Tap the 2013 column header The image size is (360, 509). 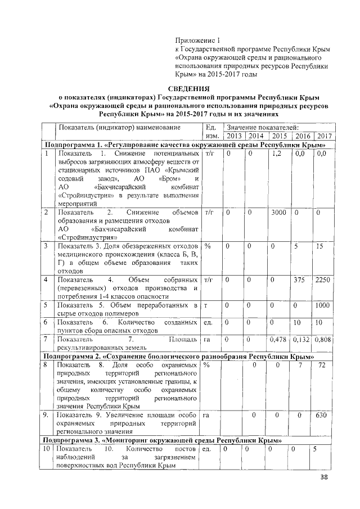(233, 136)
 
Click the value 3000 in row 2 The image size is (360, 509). (278, 213)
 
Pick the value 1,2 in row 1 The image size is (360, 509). (276, 153)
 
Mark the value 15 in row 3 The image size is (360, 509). (320, 246)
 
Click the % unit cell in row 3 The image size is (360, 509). (208, 246)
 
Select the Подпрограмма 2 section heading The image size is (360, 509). (188, 357)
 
